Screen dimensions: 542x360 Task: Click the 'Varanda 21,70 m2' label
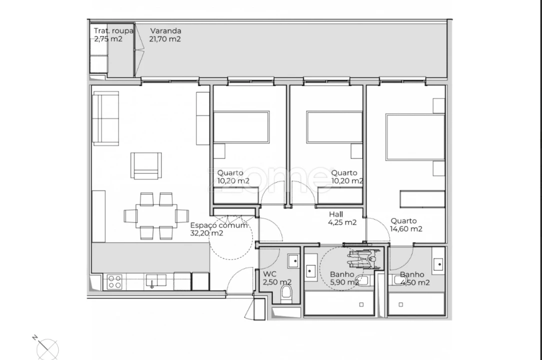(165, 35)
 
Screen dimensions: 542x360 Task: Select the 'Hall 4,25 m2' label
(342, 218)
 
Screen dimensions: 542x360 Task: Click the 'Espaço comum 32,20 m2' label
(219, 229)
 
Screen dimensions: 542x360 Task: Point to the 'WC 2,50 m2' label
(277, 278)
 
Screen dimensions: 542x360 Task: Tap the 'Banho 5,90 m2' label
(344, 278)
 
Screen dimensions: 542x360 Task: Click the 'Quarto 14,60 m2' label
(406, 225)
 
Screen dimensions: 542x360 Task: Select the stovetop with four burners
(114, 282)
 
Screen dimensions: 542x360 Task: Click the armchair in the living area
(146, 165)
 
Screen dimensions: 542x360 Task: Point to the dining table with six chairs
(156, 216)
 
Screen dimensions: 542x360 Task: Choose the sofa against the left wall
(105, 118)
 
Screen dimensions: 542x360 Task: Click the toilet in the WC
(286, 293)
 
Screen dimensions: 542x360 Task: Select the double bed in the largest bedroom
(415, 137)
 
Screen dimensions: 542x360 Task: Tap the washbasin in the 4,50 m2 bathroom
(438, 264)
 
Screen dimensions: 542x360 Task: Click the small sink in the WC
(293, 261)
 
